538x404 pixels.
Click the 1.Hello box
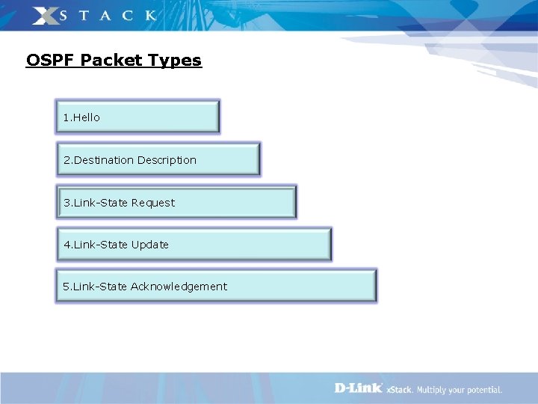click(138, 117)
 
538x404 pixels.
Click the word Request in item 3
click(153, 203)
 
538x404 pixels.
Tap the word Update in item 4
click(150, 245)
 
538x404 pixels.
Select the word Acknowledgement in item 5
click(179, 287)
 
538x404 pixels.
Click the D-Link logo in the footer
click(358, 388)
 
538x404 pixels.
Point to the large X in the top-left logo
click(46, 15)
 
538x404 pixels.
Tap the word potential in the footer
click(484, 390)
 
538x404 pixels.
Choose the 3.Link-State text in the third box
click(96, 203)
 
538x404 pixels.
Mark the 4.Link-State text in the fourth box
click(96, 245)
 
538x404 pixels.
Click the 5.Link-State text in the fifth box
click(96, 287)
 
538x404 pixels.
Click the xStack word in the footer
click(399, 390)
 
